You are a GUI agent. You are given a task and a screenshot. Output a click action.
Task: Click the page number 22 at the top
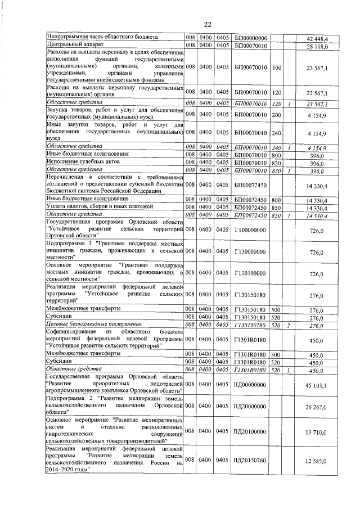click(207, 25)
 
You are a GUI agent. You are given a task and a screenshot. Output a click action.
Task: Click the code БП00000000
click(250, 38)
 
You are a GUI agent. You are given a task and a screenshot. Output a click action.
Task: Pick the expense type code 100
click(276, 67)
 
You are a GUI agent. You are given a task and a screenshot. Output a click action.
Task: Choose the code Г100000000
click(250, 231)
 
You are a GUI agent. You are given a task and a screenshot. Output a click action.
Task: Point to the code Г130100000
click(250, 274)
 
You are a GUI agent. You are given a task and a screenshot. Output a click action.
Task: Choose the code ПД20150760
click(250, 461)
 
